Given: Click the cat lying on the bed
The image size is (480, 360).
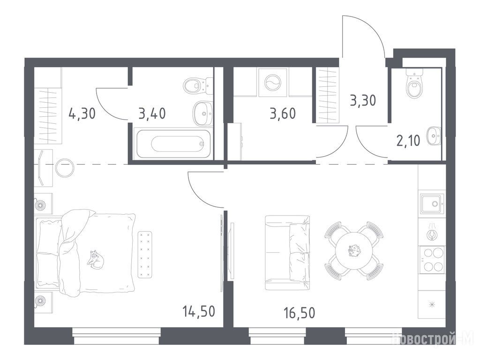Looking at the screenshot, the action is pos(96,260).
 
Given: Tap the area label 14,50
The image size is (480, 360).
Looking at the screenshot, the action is pos(199,311).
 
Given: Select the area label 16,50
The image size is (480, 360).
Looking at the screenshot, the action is pos(299,313).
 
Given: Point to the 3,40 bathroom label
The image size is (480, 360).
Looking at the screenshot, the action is pos(152,113).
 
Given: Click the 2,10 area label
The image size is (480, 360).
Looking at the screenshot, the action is pos(408,141).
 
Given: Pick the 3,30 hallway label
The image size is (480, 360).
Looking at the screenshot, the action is pos(363,100).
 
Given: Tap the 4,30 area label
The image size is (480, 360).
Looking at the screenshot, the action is pos(82,113).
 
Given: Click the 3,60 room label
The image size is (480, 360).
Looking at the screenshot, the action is pos(283,113).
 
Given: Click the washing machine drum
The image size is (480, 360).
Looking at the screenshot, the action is pos(272,82).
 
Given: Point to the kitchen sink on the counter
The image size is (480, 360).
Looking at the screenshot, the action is pos(432,203).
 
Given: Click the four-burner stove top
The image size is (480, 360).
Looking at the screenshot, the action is pos(432,259).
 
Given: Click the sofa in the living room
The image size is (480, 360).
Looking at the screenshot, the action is pos(287,253).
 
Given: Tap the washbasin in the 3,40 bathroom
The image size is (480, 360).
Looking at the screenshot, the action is pos(202,114).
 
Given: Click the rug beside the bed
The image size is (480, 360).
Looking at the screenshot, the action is pos(145,255).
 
